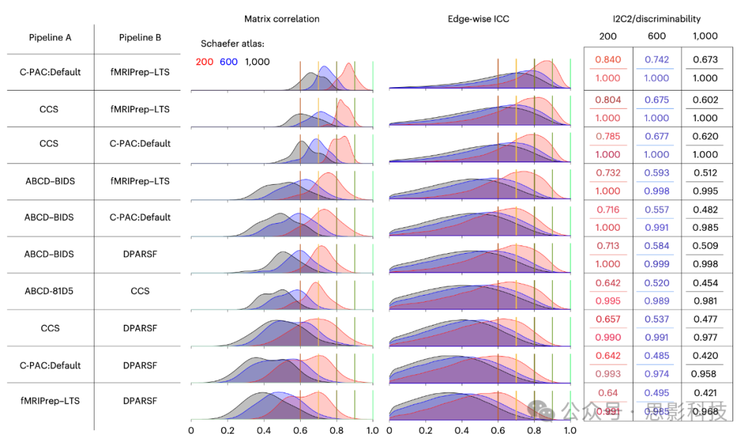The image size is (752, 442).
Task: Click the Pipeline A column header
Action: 50,37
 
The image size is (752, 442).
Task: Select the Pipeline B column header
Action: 140,37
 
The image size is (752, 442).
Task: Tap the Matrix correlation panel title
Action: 281,19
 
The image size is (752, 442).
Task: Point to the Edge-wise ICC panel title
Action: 478,19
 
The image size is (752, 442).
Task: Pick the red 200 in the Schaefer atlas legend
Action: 205,62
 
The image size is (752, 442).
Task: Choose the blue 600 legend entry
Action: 228,62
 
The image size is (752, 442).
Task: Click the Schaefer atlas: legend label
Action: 233,44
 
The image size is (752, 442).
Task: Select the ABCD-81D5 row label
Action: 50,291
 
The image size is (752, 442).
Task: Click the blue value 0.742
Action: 657,60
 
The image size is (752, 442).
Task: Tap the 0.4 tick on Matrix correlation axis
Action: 264,430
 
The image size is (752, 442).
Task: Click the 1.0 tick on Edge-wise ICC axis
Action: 570,430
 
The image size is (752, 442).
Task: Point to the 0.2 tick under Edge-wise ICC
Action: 425,430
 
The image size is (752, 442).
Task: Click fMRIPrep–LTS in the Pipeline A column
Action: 50,401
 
